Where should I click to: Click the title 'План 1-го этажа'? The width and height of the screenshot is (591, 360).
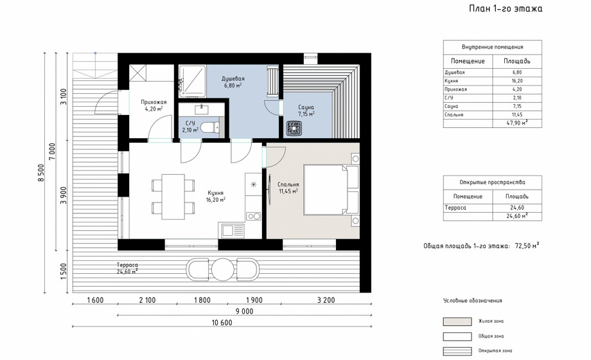506,9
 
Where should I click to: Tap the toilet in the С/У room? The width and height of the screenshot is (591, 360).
209,127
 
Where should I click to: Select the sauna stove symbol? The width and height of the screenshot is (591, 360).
293,127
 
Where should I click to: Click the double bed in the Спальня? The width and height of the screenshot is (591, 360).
331,190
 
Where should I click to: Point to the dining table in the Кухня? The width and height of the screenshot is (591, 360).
173,197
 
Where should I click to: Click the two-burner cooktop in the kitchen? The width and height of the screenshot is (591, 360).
254,216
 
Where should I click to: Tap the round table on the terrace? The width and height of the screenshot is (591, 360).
223,269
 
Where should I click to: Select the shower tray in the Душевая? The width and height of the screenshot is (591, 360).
192,80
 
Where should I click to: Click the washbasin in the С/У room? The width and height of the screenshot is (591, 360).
201,110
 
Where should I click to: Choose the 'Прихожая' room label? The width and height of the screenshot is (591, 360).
154,102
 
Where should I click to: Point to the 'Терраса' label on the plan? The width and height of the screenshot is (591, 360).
127,265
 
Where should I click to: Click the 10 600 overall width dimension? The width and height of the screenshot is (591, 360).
222,323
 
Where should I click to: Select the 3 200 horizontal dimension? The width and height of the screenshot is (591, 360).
326,300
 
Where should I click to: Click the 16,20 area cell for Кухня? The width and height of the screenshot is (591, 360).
517,81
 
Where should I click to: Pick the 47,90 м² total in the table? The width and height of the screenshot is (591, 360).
517,123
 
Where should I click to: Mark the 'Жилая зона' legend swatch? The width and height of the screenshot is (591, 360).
457,321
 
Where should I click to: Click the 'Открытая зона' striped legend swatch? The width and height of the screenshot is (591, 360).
457,351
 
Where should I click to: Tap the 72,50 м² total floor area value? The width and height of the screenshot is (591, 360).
527,246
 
